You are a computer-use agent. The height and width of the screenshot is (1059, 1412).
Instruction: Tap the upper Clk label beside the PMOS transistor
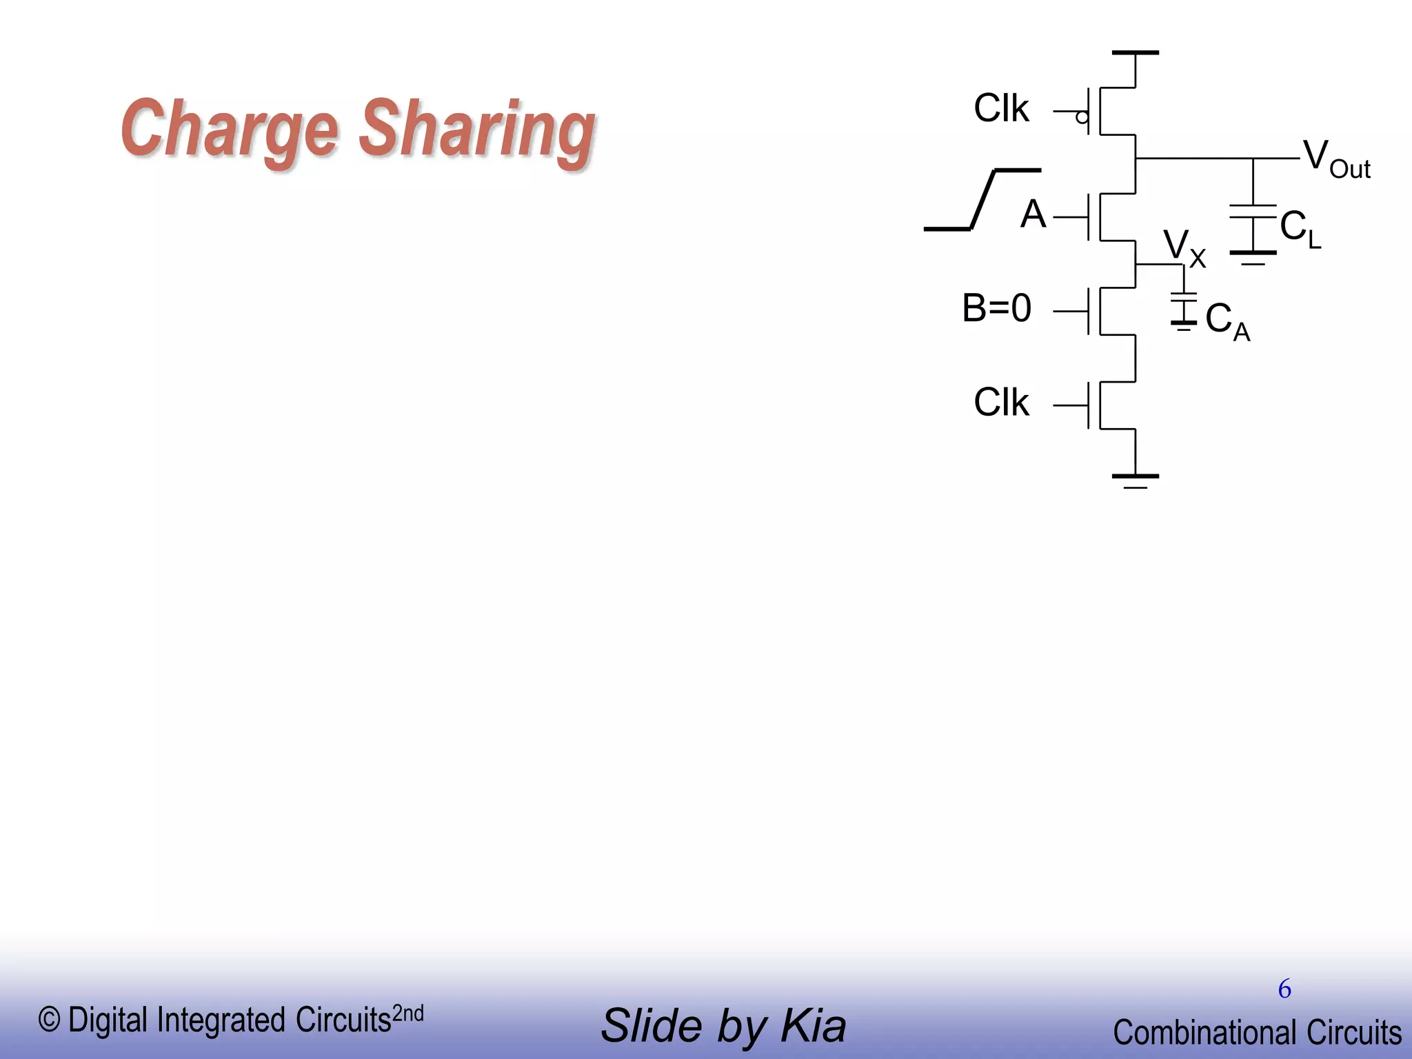click(x=1000, y=109)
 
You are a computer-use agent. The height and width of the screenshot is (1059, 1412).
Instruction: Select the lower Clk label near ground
click(x=1000, y=403)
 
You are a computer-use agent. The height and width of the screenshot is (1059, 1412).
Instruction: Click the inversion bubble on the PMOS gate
click(x=1082, y=117)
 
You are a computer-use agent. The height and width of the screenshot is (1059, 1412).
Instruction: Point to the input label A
click(x=1033, y=214)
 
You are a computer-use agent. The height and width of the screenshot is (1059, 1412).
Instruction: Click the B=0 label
click(x=996, y=307)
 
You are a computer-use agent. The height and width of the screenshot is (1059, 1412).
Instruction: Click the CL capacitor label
click(x=1300, y=229)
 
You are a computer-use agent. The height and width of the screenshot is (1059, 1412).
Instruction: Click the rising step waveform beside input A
click(x=982, y=199)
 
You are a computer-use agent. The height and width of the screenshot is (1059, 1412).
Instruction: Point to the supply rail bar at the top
click(x=1136, y=52)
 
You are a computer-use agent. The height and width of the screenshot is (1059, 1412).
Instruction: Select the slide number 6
click(x=1284, y=989)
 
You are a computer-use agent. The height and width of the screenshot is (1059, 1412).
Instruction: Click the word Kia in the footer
click(x=813, y=1026)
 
